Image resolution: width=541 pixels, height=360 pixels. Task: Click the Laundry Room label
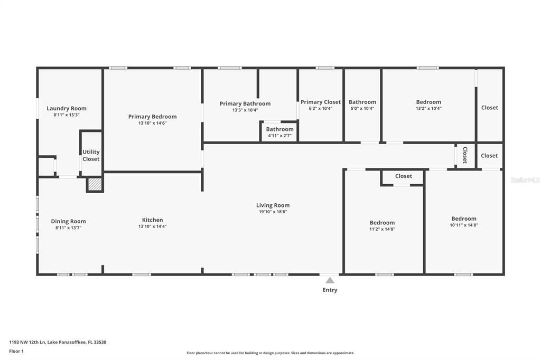(x=67, y=108)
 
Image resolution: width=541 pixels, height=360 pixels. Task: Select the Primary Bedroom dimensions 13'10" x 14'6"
(x=152, y=124)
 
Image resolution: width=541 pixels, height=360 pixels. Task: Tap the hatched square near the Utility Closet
(x=95, y=184)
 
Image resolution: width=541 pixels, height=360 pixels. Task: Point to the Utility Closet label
(x=91, y=155)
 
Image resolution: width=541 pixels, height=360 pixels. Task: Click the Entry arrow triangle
(x=330, y=280)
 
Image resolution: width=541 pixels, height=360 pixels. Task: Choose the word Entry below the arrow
(x=330, y=290)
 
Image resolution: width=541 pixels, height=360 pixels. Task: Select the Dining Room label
(x=68, y=221)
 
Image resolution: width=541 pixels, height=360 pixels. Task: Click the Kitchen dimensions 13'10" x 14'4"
(x=152, y=226)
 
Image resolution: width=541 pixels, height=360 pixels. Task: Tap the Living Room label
(x=273, y=205)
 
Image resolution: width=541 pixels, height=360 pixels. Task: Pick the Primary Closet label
(x=320, y=102)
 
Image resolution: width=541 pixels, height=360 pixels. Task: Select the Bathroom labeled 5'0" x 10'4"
(x=362, y=102)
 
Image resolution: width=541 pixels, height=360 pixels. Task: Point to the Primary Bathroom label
(x=245, y=103)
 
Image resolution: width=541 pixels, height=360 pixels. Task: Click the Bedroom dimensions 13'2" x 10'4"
(x=428, y=109)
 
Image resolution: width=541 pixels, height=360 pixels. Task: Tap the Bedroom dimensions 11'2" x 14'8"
(x=382, y=229)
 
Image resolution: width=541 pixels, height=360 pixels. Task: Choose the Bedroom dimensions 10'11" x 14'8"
(x=464, y=225)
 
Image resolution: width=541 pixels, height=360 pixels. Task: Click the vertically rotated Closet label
(x=465, y=155)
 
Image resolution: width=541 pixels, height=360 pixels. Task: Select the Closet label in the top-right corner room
(x=489, y=108)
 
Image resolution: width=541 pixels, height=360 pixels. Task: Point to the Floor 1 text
(x=16, y=351)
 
